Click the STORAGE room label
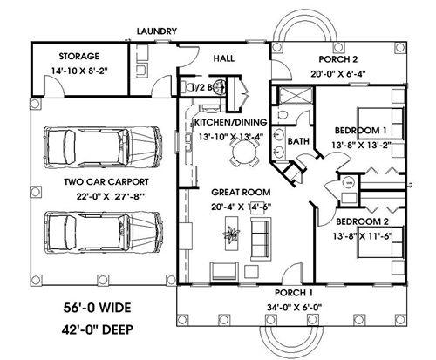[x=78, y=56]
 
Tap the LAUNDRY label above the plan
[x=157, y=31]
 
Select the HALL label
[x=224, y=58]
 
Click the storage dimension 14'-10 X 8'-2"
[x=79, y=71]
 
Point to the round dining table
[x=244, y=151]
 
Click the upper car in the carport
[x=103, y=146]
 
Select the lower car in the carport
[x=103, y=234]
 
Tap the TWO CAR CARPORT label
[x=106, y=182]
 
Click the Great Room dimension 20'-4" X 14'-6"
[x=242, y=207]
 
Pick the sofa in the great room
[x=261, y=239]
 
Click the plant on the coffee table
[x=231, y=234]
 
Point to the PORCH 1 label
[x=294, y=293]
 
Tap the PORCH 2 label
[x=338, y=59]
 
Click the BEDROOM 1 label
[x=361, y=131]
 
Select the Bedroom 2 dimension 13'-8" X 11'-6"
[x=363, y=236]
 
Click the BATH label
[x=298, y=141]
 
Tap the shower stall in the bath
[x=295, y=95]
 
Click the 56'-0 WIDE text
[x=97, y=308]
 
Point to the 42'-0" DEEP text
[x=98, y=329]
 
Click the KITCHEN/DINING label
[x=230, y=122]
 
